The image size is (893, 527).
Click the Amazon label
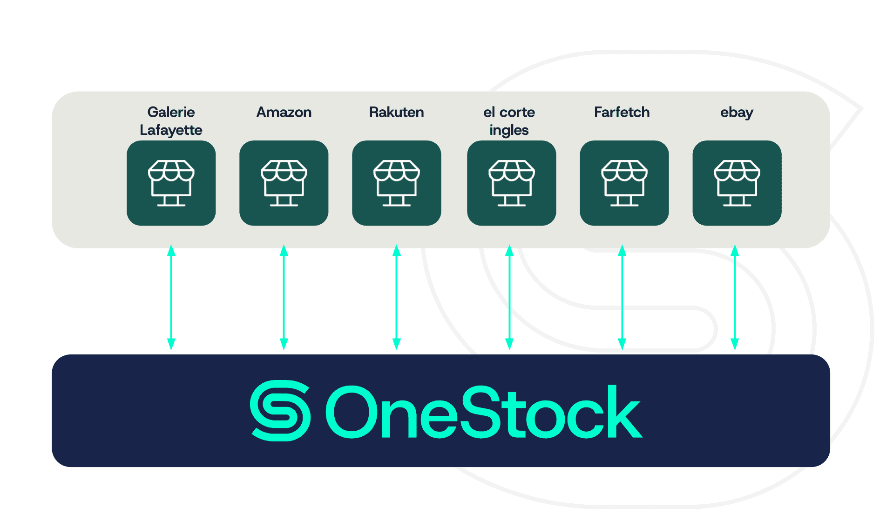[x=284, y=112]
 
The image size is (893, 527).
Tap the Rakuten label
[x=396, y=112]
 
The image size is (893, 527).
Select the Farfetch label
[x=622, y=112]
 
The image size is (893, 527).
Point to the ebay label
[x=736, y=113]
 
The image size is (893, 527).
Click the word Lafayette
[x=171, y=130]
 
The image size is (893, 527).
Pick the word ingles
[x=509, y=130]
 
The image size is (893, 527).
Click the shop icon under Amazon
[x=284, y=183]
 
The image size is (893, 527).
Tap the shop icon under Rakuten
[x=396, y=183]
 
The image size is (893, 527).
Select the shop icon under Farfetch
[x=624, y=183]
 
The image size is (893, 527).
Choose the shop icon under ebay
[x=737, y=183]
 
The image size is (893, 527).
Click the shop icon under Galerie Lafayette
[x=171, y=183]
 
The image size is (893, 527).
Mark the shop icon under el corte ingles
[x=511, y=183]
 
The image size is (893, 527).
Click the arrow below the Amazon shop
[x=284, y=297]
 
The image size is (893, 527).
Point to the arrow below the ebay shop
[x=735, y=297]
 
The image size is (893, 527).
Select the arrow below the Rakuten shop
[x=397, y=297]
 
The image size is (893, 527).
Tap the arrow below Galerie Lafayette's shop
[x=171, y=297]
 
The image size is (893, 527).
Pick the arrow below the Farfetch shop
[x=622, y=297]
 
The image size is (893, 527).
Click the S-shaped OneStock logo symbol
[x=280, y=410]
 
